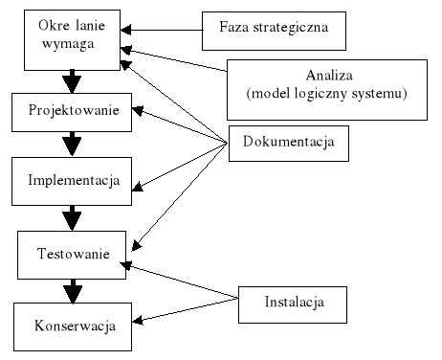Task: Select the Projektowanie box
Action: [74, 111]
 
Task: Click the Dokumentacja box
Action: [287, 145]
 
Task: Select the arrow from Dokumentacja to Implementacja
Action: [182, 164]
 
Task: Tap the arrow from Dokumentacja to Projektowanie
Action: [182, 126]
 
